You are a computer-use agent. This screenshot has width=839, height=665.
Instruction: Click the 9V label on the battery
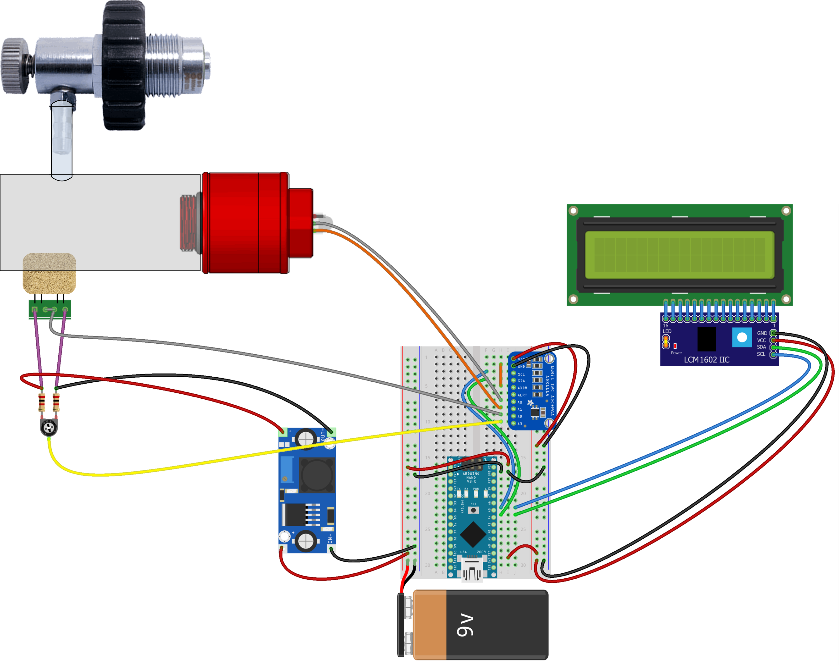click(x=465, y=625)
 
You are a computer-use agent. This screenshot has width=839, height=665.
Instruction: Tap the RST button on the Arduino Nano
click(x=473, y=510)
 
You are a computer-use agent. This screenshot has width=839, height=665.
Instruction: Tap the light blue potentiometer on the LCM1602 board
click(x=742, y=337)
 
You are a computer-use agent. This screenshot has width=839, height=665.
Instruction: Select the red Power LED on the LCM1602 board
click(x=675, y=346)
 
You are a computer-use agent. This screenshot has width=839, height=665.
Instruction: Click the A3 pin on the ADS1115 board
click(x=514, y=423)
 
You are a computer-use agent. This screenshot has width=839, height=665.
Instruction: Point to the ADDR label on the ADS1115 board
click(x=522, y=388)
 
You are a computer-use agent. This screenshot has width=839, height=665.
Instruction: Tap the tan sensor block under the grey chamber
click(x=50, y=273)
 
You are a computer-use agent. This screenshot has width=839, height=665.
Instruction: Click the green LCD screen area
click(x=679, y=255)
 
